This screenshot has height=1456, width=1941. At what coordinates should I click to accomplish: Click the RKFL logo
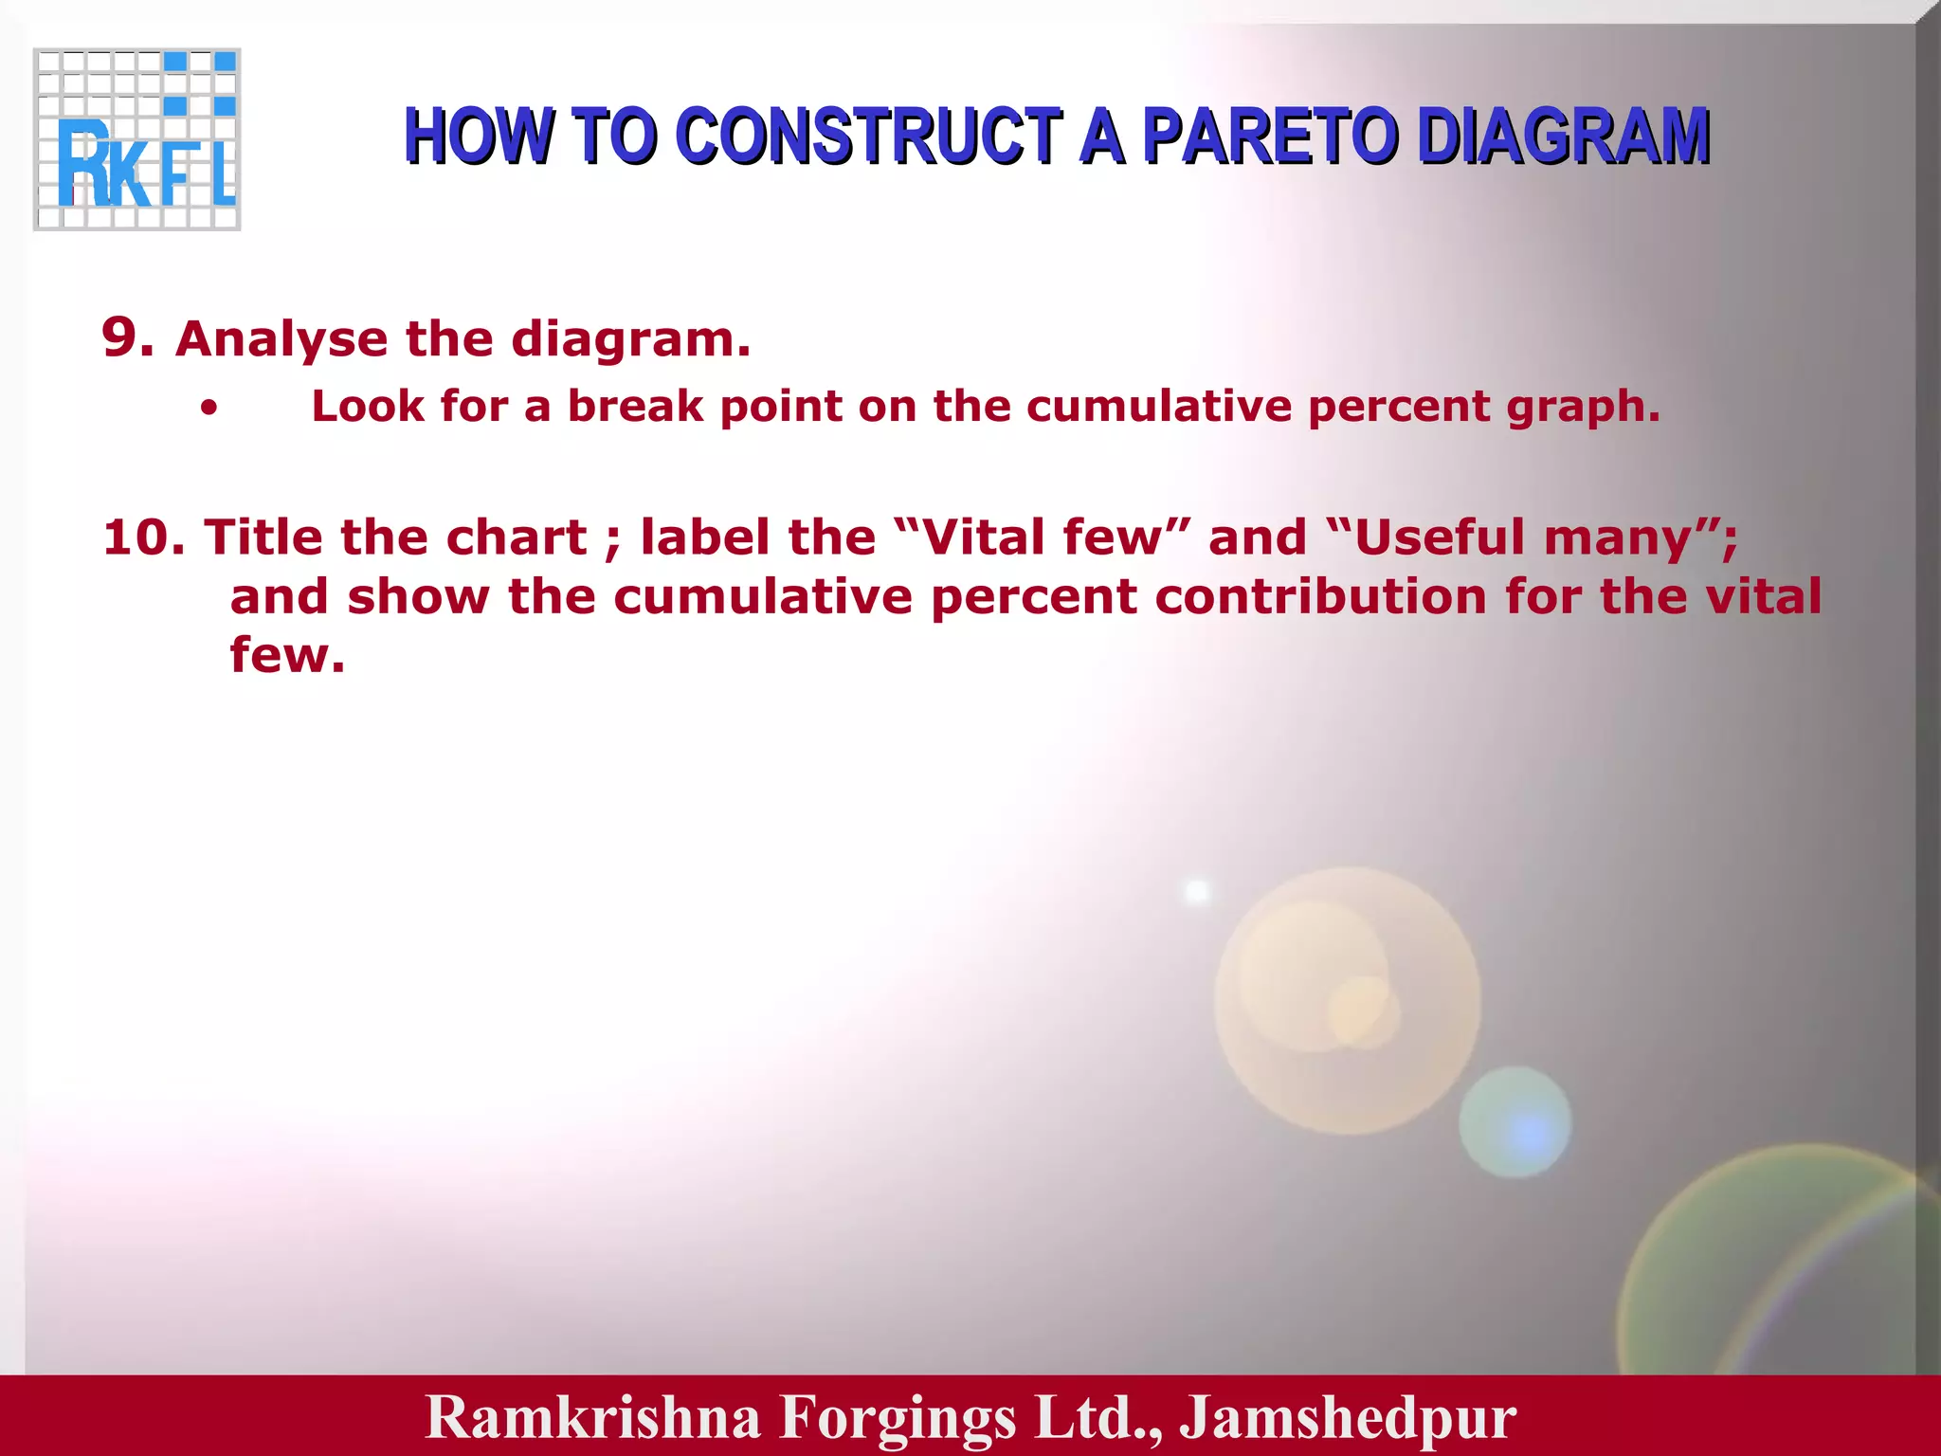(137, 139)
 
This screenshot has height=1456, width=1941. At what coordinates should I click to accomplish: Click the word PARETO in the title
(1270, 136)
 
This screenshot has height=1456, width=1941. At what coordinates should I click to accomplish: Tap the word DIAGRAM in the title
(1563, 136)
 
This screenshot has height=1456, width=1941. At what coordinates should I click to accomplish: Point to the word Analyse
(281, 339)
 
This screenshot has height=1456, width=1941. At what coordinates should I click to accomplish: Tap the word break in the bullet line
(635, 407)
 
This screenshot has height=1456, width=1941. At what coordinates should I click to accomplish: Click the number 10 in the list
(143, 537)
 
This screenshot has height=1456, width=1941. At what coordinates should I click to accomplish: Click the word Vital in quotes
(985, 537)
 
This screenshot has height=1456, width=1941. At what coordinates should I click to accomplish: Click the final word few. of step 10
(287, 655)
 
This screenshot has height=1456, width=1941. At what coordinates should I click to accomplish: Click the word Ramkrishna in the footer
(593, 1417)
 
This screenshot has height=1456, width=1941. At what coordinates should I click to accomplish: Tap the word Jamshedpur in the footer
(1348, 1417)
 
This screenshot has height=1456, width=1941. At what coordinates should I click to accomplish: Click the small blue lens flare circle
(1515, 1122)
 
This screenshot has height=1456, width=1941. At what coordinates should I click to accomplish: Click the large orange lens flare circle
(1347, 1000)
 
